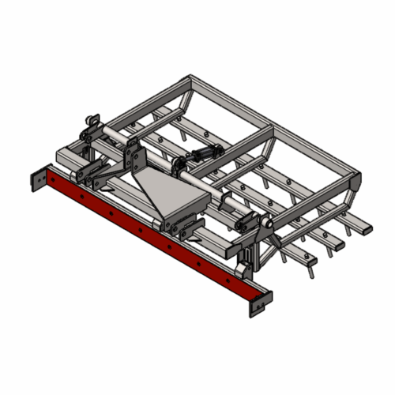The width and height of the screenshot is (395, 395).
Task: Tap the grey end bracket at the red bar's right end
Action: pos(260,303)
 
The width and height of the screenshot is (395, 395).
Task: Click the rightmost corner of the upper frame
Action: pos(357,175)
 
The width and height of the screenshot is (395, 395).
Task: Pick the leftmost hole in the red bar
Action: pos(53,181)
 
